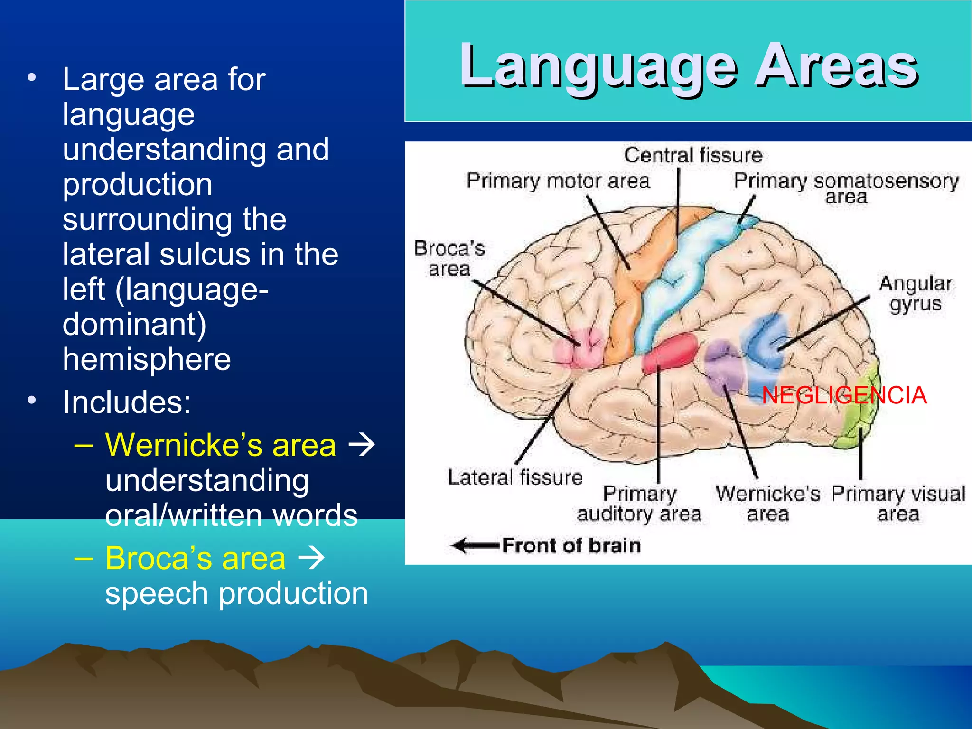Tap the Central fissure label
(693, 155)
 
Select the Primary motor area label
(558, 181)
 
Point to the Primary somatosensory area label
(846, 187)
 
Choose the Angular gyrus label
(915, 294)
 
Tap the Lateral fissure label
(515, 477)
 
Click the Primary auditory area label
(639, 504)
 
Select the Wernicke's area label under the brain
(767, 504)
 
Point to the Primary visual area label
(898, 504)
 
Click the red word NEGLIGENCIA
(844, 395)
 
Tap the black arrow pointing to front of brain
(475, 545)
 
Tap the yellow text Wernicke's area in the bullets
(220, 445)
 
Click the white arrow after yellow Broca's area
(311, 558)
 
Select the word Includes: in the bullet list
(127, 402)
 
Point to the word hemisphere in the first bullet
(147, 359)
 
